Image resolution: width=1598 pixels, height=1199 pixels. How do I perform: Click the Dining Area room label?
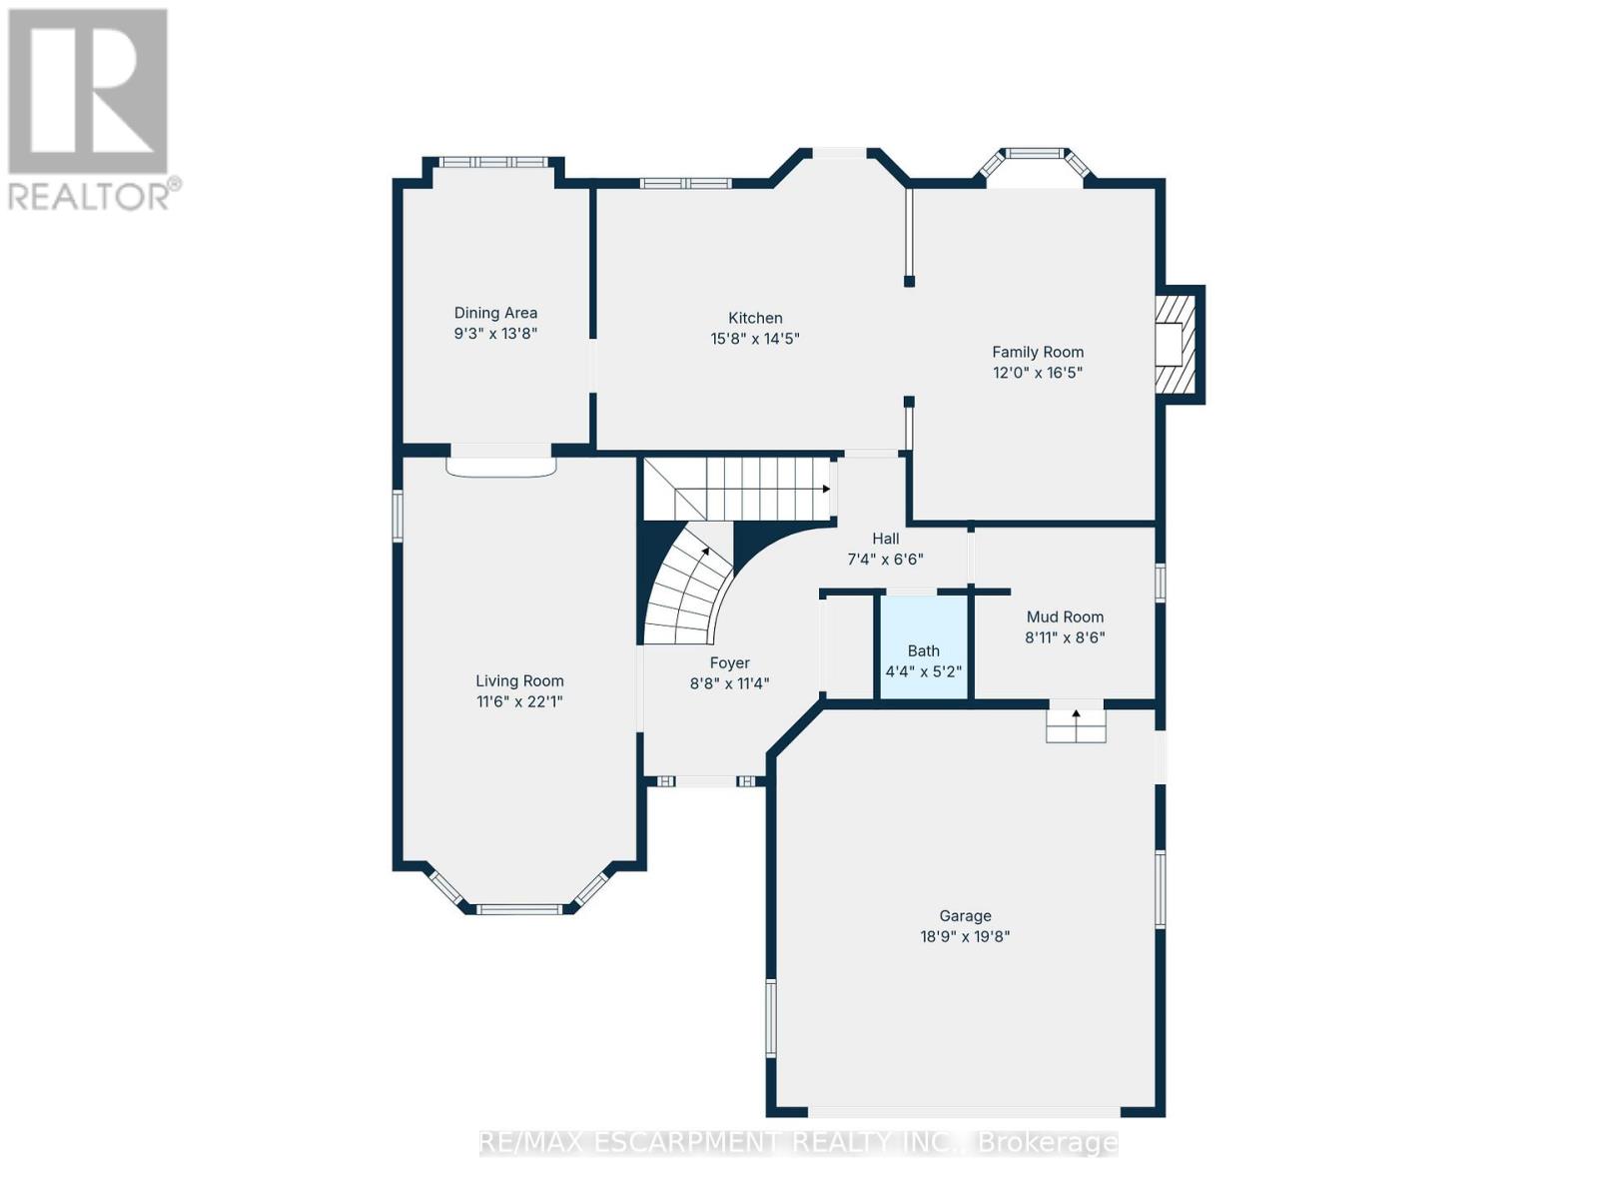coord(495,313)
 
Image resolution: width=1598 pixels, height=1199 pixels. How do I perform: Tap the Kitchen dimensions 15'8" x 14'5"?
coord(755,339)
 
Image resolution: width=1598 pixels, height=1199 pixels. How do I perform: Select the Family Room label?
coord(1038,352)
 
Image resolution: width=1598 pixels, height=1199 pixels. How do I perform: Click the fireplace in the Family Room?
coord(1177,344)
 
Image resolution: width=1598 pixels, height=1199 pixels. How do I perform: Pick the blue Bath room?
coord(923,648)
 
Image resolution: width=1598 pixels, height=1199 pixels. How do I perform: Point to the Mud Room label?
coord(1065,616)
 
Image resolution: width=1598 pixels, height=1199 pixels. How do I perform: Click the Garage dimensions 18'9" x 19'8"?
coord(965,937)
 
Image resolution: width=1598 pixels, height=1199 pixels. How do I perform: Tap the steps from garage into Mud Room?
coord(1076,724)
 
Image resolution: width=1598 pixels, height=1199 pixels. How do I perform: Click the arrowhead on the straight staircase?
coord(826,489)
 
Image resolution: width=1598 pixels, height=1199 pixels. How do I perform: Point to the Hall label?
coord(885,539)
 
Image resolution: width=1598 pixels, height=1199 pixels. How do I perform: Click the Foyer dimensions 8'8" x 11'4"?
coord(729,684)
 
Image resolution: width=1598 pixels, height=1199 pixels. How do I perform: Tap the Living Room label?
coord(519,680)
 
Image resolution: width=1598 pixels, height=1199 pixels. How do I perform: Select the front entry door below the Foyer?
coord(706,781)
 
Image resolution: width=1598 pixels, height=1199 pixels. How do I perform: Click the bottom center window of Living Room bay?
coord(518,909)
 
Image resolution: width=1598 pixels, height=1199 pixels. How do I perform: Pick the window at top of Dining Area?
coord(493,162)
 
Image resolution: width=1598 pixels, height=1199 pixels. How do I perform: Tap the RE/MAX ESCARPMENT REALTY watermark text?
coord(798,1142)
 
